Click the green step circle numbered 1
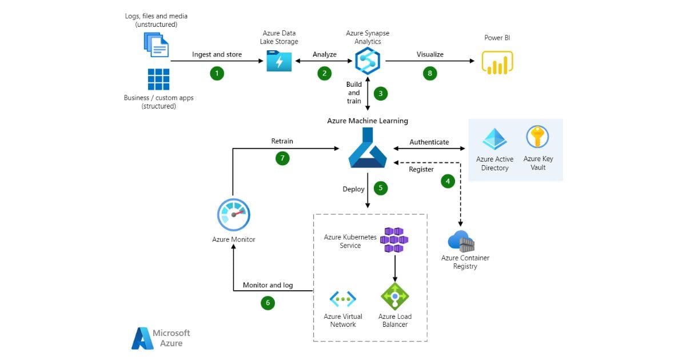[x=217, y=73]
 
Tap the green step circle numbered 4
[x=448, y=181]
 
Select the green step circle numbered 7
[x=282, y=158]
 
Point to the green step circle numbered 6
[x=268, y=303]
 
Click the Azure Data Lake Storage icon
[x=279, y=61]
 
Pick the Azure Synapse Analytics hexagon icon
[x=368, y=61]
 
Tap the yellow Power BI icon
[x=497, y=62]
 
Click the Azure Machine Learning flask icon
[x=367, y=150]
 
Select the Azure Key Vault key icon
[x=537, y=138]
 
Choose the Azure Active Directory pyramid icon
[x=494, y=139]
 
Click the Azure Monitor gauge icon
[x=233, y=215]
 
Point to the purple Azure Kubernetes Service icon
[x=396, y=239]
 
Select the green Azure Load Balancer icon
[x=394, y=297]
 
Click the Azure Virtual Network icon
[x=343, y=299]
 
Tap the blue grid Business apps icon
[x=159, y=79]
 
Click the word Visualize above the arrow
[x=430, y=55]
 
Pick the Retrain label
[x=282, y=141]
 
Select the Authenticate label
[x=429, y=142]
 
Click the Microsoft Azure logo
[x=161, y=338]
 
